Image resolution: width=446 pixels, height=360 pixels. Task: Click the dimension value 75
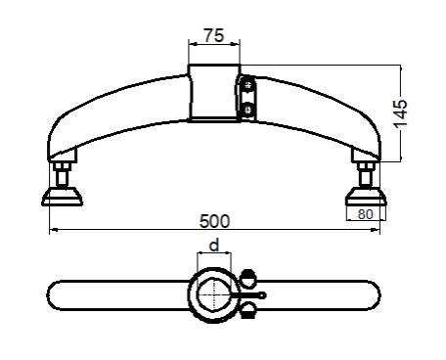pos(214,35)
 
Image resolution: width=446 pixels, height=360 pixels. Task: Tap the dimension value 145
pos(400,113)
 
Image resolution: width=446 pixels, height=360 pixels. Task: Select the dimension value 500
pos(214,221)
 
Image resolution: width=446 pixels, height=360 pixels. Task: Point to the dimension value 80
pos(365,214)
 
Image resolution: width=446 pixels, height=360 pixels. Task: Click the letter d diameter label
pos(214,246)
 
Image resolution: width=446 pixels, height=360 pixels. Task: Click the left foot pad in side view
pos(62,197)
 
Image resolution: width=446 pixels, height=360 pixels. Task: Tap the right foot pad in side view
pos(366,197)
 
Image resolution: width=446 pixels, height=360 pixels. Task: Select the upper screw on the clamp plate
pos(248,86)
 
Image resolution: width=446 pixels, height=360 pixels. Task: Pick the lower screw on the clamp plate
pos(248,110)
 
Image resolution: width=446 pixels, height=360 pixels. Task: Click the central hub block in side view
pos(214,93)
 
